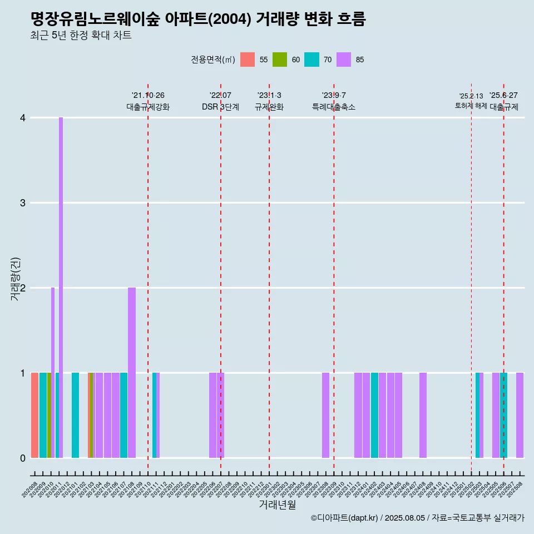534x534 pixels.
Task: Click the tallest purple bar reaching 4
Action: click(x=61, y=287)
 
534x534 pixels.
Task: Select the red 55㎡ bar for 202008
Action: click(x=34, y=415)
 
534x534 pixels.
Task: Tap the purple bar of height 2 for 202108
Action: click(x=132, y=373)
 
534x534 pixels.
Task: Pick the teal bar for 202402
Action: click(x=374, y=415)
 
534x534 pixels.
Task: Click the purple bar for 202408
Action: click(x=423, y=415)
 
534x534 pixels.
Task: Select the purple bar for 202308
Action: click(x=325, y=415)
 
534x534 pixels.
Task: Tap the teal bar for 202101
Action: click(x=75, y=415)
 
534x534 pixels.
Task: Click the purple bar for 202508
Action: click(x=520, y=415)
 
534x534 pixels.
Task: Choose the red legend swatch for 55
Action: click(x=248, y=60)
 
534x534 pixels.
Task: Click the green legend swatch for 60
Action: click(x=280, y=60)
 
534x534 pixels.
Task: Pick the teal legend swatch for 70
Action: click(x=312, y=60)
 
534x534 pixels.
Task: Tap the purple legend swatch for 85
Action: click(x=344, y=60)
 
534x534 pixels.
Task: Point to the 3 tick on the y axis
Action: click(x=23, y=202)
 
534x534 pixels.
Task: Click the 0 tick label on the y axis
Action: click(x=23, y=458)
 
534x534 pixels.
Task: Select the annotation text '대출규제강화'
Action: click(x=148, y=107)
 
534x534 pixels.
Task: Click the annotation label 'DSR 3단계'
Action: click(x=220, y=107)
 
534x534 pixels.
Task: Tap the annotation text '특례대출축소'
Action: click(x=334, y=107)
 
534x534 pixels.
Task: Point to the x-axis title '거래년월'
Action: click(x=277, y=505)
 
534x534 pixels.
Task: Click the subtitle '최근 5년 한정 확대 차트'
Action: click(x=81, y=36)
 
